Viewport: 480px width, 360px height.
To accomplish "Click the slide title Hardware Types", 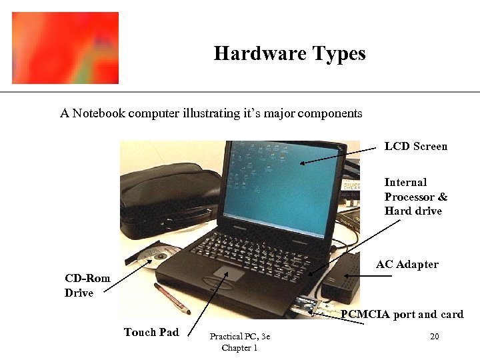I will click(289, 54).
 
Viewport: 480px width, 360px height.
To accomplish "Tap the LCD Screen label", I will click(415, 147).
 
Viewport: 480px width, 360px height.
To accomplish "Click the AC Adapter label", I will click(407, 265).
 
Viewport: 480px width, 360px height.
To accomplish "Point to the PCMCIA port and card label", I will click(401, 315).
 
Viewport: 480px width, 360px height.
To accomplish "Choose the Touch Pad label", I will click(151, 332).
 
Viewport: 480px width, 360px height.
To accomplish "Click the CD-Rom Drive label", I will click(87, 285).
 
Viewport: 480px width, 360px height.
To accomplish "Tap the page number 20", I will click(434, 337).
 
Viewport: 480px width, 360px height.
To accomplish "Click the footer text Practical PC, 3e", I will click(239, 337).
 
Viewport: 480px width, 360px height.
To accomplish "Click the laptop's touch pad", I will click(229, 273).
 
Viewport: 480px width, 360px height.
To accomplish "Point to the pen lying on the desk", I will click(172, 298).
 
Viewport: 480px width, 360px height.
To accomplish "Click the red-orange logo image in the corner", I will click(65, 48).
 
